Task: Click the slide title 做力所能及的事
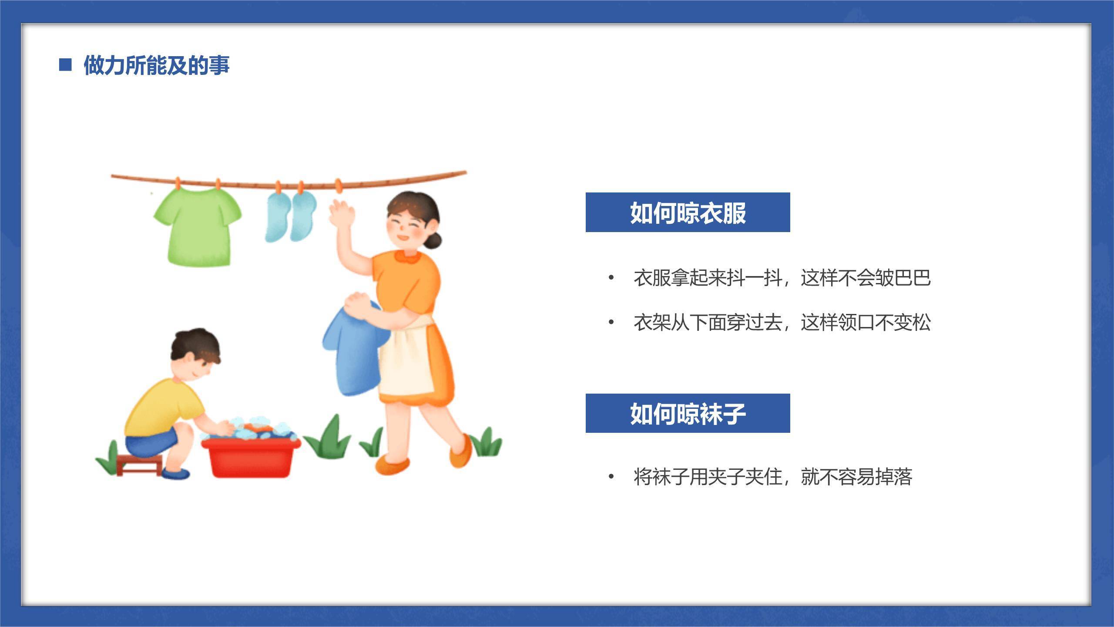(x=156, y=65)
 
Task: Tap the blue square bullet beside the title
(x=65, y=65)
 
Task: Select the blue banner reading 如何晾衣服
(x=688, y=212)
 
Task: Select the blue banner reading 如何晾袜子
(x=688, y=413)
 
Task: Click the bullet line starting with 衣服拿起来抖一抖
(x=782, y=278)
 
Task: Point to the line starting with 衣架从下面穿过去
(x=782, y=323)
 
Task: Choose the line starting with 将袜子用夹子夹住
(x=772, y=477)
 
